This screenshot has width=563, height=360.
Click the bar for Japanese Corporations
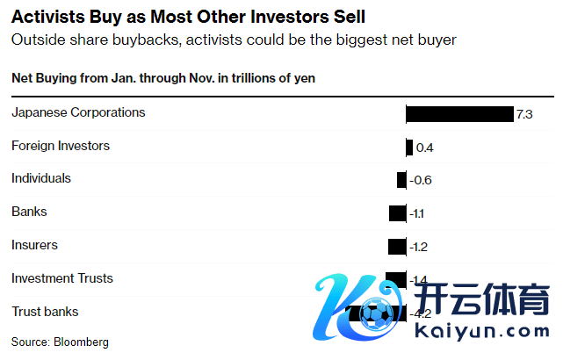point(459,114)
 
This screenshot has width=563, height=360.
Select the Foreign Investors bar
point(409,148)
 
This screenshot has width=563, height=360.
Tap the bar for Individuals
point(401,180)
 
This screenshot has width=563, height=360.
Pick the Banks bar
point(398,213)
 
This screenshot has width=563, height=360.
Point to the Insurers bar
point(397,247)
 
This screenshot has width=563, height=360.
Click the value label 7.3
point(524,115)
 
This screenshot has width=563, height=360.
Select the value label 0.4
point(424,148)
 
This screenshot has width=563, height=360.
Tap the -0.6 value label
point(422,181)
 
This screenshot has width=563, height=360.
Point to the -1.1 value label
point(417,213)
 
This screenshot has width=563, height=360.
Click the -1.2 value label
point(418,247)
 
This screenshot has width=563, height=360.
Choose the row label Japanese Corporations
point(78,112)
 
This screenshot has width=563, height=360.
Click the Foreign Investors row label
point(61,146)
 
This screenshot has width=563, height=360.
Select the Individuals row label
point(41,178)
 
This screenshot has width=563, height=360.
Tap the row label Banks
point(29,212)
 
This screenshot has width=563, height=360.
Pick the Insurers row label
point(34,245)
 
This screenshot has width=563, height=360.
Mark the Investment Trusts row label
point(62,278)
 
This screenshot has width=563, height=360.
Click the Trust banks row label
point(45,312)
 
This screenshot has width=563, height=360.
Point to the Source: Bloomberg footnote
point(60,342)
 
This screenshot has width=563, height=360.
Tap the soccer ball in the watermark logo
point(379,315)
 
